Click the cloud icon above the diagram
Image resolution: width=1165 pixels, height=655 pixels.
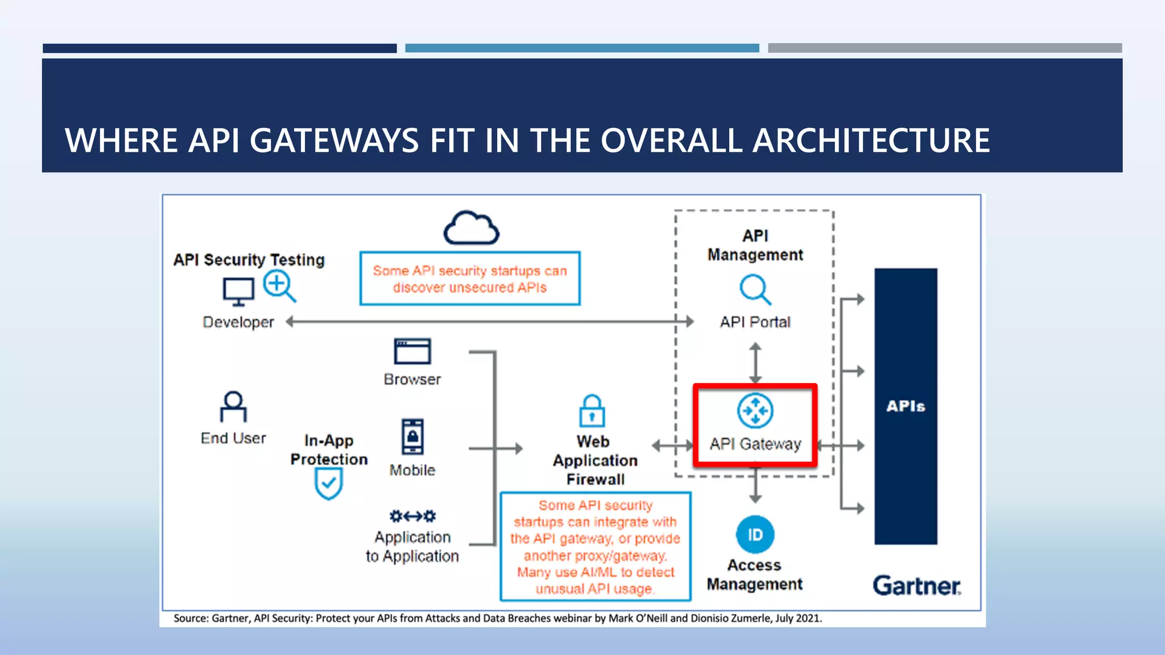click(471, 228)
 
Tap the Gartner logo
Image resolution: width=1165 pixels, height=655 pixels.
click(916, 586)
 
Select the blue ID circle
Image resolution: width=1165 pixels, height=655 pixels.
click(755, 534)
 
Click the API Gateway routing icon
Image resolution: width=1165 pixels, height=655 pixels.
click(755, 411)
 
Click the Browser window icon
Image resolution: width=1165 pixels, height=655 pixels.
click(412, 351)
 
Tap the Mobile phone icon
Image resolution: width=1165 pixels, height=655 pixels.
click(412, 437)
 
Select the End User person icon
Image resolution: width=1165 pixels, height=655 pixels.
click(233, 406)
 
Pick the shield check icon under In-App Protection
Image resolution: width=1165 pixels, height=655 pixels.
click(328, 484)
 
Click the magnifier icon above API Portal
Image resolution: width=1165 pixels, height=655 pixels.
click(755, 290)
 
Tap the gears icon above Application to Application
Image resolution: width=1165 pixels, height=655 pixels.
click(412, 516)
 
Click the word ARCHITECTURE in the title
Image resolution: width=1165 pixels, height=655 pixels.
click(871, 140)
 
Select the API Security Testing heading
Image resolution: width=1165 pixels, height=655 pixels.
click(249, 260)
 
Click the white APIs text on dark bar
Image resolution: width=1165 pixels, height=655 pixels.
click(905, 406)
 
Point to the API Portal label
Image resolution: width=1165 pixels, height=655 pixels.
click(755, 322)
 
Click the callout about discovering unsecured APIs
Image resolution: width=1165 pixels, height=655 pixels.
click(470, 279)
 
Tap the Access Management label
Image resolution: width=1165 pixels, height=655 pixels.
click(754, 574)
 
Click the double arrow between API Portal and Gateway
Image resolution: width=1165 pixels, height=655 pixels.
click(755, 363)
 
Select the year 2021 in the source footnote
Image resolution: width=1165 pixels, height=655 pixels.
click(808, 618)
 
